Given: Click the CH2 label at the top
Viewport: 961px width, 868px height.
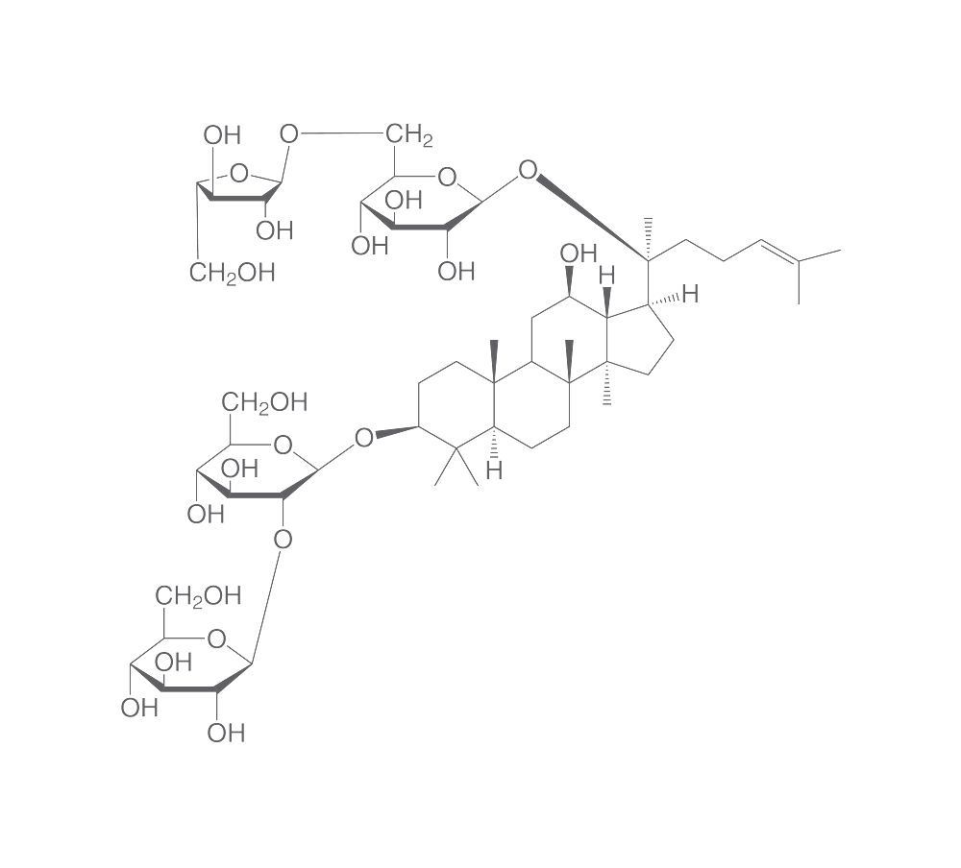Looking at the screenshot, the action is [x=408, y=134].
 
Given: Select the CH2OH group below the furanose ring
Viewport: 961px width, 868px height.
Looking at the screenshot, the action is [x=233, y=273].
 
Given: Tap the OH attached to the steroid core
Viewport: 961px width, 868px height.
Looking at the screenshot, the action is [x=578, y=253].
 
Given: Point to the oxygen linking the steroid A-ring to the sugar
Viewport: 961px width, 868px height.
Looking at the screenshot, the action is [x=364, y=438].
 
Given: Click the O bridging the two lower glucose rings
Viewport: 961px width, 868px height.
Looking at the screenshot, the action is [x=283, y=540].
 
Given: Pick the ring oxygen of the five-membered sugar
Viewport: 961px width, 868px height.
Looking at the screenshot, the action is [x=239, y=174].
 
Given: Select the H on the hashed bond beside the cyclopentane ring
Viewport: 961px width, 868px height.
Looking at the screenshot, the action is [x=690, y=294].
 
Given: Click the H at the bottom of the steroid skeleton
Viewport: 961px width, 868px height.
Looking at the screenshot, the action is [x=494, y=470].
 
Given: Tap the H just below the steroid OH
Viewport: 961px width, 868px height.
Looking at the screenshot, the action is [x=606, y=275].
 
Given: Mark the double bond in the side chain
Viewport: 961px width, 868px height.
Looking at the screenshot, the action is [x=779, y=252].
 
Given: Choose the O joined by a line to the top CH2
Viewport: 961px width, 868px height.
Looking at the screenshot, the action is [x=288, y=133].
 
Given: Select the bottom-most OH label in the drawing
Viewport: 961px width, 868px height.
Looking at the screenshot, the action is [x=226, y=733].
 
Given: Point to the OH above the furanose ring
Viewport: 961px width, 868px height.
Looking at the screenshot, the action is [x=222, y=135].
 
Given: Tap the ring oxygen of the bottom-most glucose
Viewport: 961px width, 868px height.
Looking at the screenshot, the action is [x=216, y=639].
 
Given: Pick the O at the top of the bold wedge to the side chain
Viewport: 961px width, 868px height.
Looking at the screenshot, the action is [x=528, y=170].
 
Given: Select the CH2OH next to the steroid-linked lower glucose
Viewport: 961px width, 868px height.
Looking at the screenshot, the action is [x=265, y=402].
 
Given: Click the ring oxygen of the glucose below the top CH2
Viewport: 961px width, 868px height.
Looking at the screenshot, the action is [x=447, y=178].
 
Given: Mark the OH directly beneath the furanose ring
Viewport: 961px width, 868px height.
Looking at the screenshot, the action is [x=275, y=231].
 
